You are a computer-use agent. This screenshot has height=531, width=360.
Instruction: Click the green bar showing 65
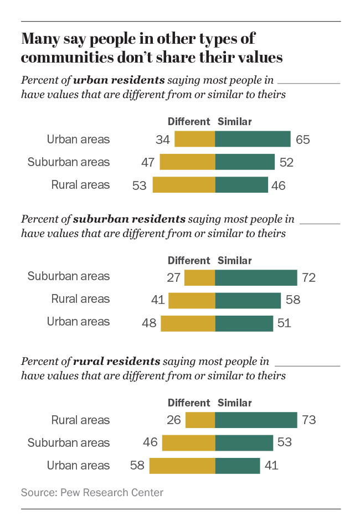click(253, 139)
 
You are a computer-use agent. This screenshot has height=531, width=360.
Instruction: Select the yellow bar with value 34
click(194, 139)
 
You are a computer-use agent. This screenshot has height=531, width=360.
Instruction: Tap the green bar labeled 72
click(256, 277)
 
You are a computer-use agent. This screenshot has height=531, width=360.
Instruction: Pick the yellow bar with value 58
click(182, 466)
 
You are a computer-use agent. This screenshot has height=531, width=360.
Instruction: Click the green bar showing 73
click(256, 420)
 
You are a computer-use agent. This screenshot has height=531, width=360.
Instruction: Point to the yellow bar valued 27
click(199, 277)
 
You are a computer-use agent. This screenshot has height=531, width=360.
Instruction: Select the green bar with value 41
click(238, 466)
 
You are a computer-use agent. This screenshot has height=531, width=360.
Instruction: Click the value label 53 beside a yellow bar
click(139, 185)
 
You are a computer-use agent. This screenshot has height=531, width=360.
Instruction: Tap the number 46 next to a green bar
click(278, 185)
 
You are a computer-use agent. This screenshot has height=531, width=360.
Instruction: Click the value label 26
click(173, 420)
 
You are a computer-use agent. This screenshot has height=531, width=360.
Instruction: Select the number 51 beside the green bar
click(283, 323)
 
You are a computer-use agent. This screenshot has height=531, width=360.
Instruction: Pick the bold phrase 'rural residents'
click(116, 362)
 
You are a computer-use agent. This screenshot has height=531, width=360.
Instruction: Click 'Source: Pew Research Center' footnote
click(92, 492)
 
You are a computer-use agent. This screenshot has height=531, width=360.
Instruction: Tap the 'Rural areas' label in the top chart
click(80, 185)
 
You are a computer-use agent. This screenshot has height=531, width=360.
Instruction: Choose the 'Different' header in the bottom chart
click(189, 403)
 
